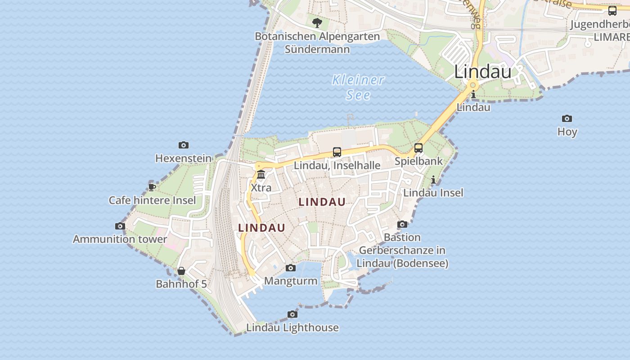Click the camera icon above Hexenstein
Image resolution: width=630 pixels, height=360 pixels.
pyautogui.click(x=183, y=145)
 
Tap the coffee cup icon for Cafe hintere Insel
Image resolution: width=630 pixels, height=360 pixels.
pyautogui.click(x=152, y=187)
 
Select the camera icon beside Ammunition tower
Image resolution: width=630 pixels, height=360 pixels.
pyautogui.click(x=120, y=226)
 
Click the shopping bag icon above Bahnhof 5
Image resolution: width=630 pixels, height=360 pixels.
pyautogui.click(x=181, y=271)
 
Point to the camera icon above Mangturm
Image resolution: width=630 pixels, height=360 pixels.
pyautogui.click(x=291, y=268)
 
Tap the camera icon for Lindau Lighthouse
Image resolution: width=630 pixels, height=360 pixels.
pyautogui.click(x=292, y=314)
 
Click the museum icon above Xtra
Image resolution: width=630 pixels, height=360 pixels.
pyautogui.click(x=261, y=175)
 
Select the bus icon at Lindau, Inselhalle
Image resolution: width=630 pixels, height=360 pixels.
pyautogui.click(x=337, y=152)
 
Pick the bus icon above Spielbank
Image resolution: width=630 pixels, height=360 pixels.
pyautogui.click(x=418, y=148)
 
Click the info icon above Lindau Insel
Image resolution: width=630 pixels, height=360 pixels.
pyautogui.click(x=433, y=180)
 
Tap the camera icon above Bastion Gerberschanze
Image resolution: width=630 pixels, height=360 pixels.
pyautogui.click(x=402, y=224)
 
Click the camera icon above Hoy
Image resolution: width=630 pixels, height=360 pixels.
pyautogui.click(x=567, y=119)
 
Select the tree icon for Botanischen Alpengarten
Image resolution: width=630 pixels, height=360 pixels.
pyautogui.click(x=317, y=22)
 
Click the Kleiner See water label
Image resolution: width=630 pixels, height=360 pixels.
pyautogui.click(x=358, y=87)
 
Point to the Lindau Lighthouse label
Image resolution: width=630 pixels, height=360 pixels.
pyautogui.click(x=292, y=328)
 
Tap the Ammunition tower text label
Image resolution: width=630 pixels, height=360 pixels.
pyautogui.click(x=120, y=239)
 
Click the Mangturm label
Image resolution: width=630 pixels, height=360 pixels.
pyautogui.click(x=291, y=281)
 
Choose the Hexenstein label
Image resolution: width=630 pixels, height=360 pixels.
pyautogui.click(x=183, y=158)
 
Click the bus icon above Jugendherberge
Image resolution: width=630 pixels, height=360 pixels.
pyautogui.click(x=612, y=11)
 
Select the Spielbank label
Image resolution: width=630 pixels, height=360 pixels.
pyautogui.click(x=418, y=161)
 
